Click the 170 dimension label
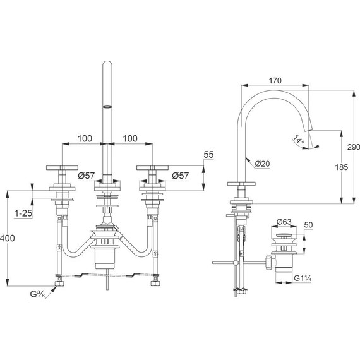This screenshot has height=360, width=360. [275, 81]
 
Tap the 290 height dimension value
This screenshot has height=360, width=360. [354, 147]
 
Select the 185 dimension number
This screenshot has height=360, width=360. [342, 167]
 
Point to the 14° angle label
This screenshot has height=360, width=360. [298, 140]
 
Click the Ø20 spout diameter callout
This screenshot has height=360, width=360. [262, 164]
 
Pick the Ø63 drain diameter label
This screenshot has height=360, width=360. [284, 222]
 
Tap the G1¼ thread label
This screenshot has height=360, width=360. [303, 279]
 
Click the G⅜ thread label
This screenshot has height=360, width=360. [38, 294]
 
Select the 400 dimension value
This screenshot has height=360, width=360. [8, 238]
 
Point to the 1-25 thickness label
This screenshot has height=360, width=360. [23, 213]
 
